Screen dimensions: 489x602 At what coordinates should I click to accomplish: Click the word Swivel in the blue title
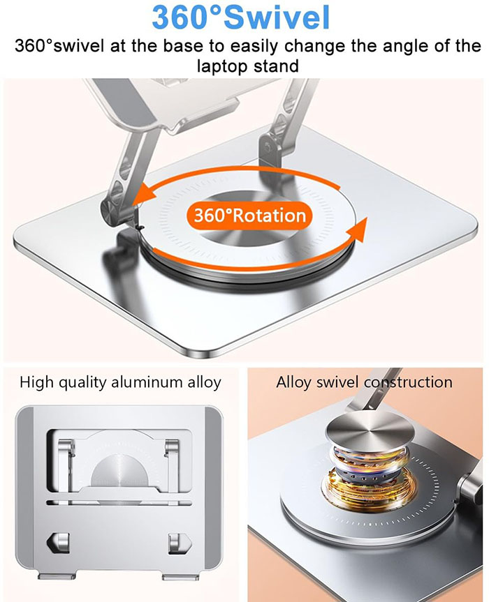(x=276, y=17)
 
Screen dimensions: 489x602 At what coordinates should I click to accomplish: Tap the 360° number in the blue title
(x=187, y=17)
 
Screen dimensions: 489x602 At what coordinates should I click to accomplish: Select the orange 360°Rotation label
(x=249, y=215)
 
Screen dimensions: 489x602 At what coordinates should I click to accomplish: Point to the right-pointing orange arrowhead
(x=357, y=229)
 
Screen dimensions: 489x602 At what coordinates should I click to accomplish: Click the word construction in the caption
(x=408, y=382)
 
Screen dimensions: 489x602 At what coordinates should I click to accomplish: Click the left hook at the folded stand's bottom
(x=59, y=542)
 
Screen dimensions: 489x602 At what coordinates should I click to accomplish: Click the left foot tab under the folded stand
(x=57, y=576)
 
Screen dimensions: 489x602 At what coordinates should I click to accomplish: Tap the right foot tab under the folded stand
(x=181, y=576)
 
